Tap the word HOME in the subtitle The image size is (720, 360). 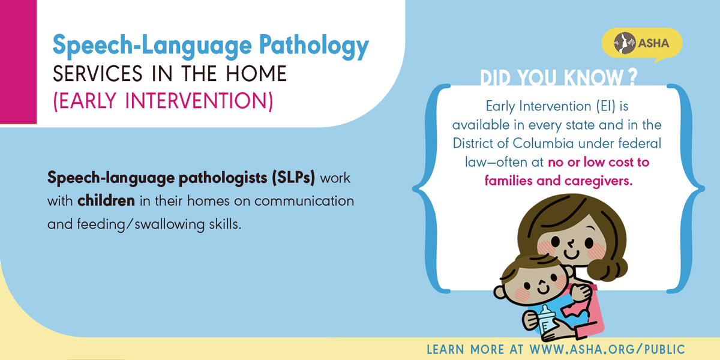click(x=256, y=74)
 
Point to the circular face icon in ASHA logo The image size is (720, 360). click(x=625, y=43)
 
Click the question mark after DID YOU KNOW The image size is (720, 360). click(x=632, y=77)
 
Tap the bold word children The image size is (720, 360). click(x=106, y=201)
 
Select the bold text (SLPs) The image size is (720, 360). click(x=293, y=178)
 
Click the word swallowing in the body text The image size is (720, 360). click(x=169, y=224)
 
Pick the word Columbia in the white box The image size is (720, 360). click(x=543, y=143)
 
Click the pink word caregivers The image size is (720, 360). click(x=599, y=181)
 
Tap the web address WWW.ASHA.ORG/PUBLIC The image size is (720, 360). click(x=607, y=349)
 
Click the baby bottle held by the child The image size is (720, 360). click(x=547, y=319)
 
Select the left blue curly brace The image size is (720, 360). click(x=431, y=188)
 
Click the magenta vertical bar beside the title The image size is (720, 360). click(x=18, y=62)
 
